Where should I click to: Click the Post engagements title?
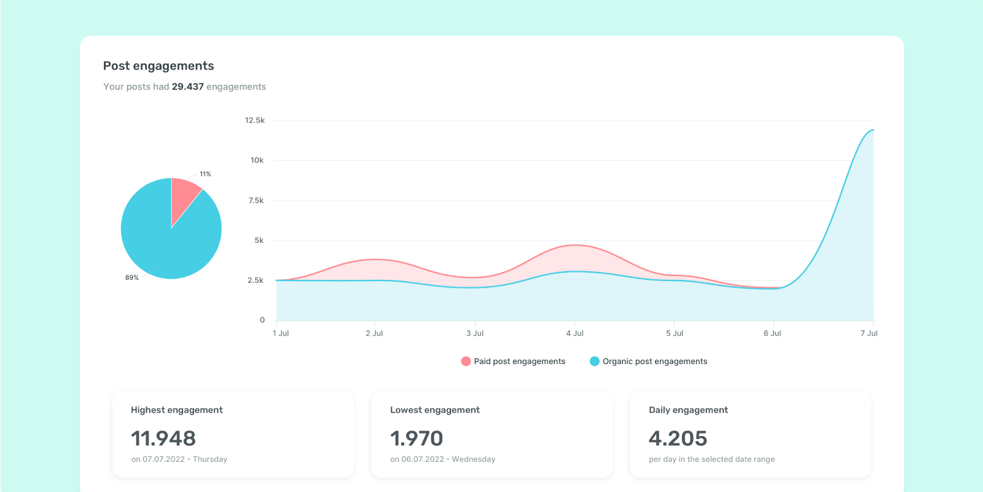tap(159, 66)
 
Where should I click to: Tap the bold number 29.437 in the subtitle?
tap(187, 87)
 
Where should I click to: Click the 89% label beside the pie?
tap(132, 278)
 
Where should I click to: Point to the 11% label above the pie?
tap(205, 174)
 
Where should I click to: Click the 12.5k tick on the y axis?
tap(254, 120)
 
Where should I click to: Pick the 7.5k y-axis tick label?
tap(256, 200)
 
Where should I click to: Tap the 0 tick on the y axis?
tap(262, 320)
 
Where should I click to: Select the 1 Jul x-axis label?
tap(281, 333)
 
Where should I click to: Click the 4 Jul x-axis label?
tap(574, 333)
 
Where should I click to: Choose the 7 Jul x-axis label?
tap(869, 333)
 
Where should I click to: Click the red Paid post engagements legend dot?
tap(466, 361)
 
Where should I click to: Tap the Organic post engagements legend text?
tap(655, 361)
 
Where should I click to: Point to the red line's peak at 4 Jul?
tap(575, 245)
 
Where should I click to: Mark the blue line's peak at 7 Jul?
tap(872, 130)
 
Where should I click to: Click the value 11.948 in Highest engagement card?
tap(163, 438)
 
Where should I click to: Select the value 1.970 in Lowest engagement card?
tap(417, 438)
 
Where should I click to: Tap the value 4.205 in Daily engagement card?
tap(678, 438)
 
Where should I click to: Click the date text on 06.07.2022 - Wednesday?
tap(442, 459)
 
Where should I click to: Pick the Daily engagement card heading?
tap(688, 410)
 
